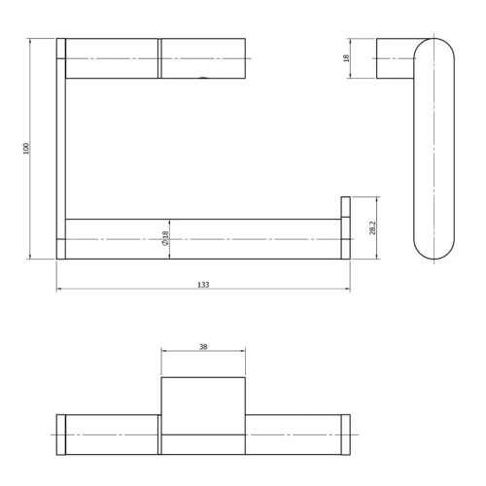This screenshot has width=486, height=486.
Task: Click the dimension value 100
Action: [27, 148]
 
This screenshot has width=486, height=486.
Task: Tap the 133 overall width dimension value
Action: [203, 284]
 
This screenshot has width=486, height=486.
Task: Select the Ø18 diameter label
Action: [166, 238]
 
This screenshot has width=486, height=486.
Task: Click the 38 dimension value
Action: [202, 347]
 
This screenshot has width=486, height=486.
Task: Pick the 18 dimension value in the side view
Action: [371, 58]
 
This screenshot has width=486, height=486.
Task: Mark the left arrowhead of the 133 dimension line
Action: [58, 290]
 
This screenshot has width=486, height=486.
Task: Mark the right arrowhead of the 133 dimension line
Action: [348, 290]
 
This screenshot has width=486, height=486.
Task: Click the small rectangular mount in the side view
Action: [395, 58]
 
